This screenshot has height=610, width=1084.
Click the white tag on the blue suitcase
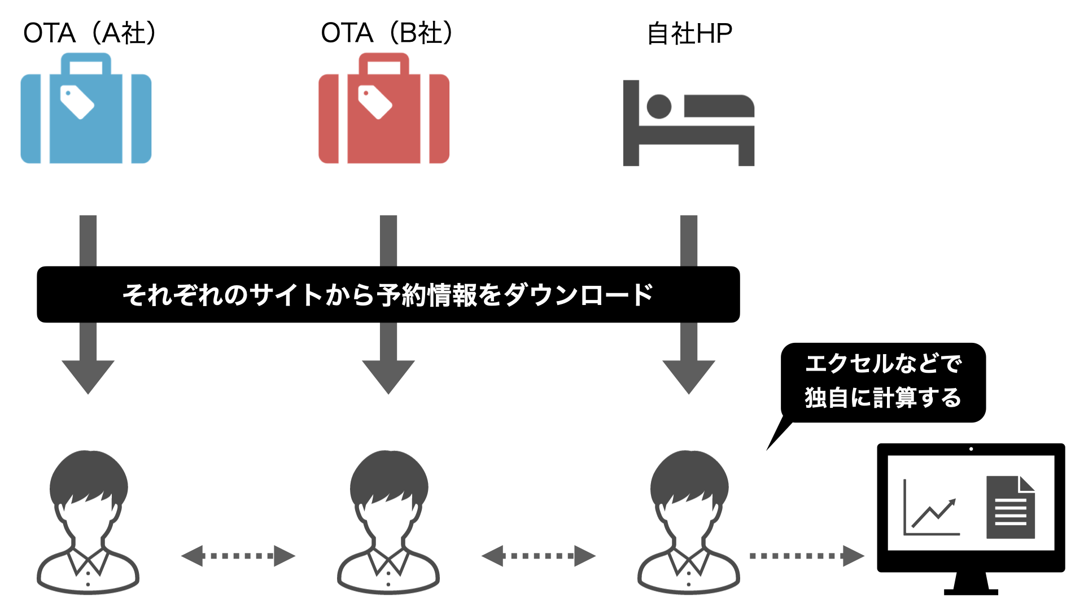click(x=77, y=102)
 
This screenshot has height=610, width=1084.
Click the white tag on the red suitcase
click(x=375, y=102)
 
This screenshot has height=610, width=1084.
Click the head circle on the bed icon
click(x=659, y=106)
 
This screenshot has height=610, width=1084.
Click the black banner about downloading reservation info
click(x=388, y=294)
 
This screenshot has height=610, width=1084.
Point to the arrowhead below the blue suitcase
click(x=88, y=376)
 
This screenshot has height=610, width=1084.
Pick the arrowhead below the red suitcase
click(x=388, y=376)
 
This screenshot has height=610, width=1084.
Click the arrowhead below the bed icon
click(x=689, y=376)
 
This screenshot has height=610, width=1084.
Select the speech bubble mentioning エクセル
click(x=883, y=382)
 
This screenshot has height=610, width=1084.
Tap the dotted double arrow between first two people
click(x=238, y=556)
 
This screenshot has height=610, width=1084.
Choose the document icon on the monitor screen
click(x=1010, y=507)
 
